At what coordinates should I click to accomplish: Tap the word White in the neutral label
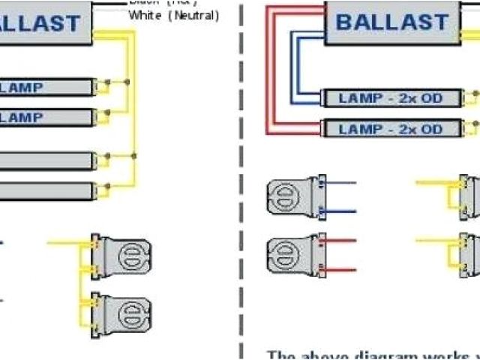coord(145,15)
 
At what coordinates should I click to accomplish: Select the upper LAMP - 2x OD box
coord(391,99)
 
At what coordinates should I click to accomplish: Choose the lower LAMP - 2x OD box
coord(391,129)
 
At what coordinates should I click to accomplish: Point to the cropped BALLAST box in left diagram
coord(45,22)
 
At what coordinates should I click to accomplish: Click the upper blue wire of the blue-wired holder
coord(342,182)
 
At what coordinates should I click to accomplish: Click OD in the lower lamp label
coord(430,129)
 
